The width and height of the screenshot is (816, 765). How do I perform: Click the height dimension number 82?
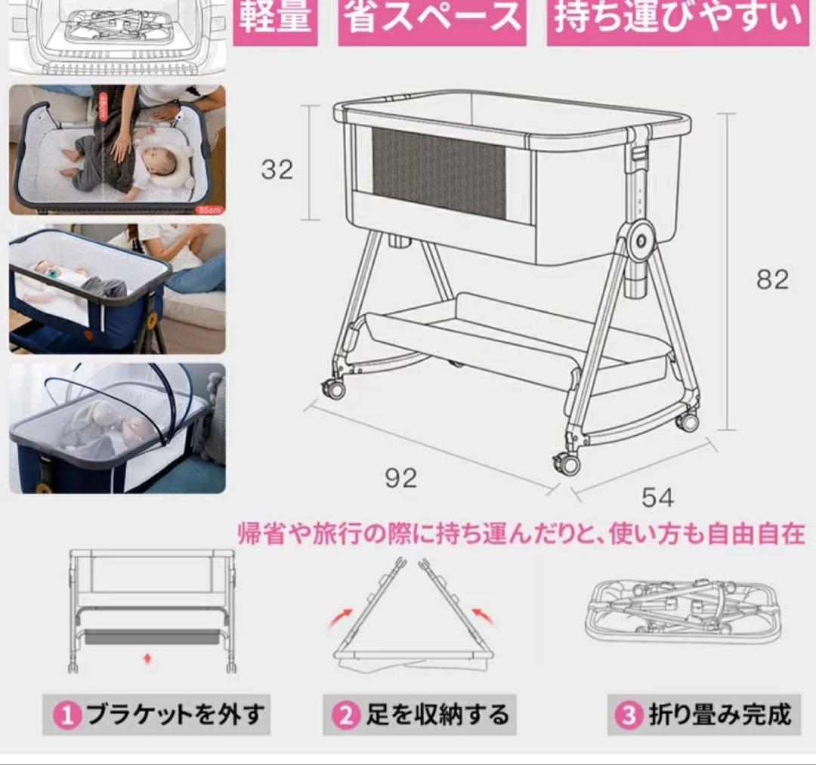click(x=772, y=279)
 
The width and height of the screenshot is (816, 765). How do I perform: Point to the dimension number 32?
click(x=277, y=170)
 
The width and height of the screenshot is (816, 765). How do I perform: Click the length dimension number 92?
click(x=400, y=478)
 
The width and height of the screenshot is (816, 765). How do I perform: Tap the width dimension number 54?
click(x=657, y=497)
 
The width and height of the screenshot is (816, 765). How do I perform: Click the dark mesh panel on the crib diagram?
click(x=439, y=173)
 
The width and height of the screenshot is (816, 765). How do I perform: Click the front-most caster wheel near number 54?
click(x=567, y=463)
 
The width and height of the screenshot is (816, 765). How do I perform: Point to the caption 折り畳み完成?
click(x=719, y=714)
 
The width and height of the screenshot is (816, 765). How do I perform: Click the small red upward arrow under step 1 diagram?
click(x=147, y=659)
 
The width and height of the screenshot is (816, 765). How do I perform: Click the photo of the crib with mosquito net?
click(x=117, y=428)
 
